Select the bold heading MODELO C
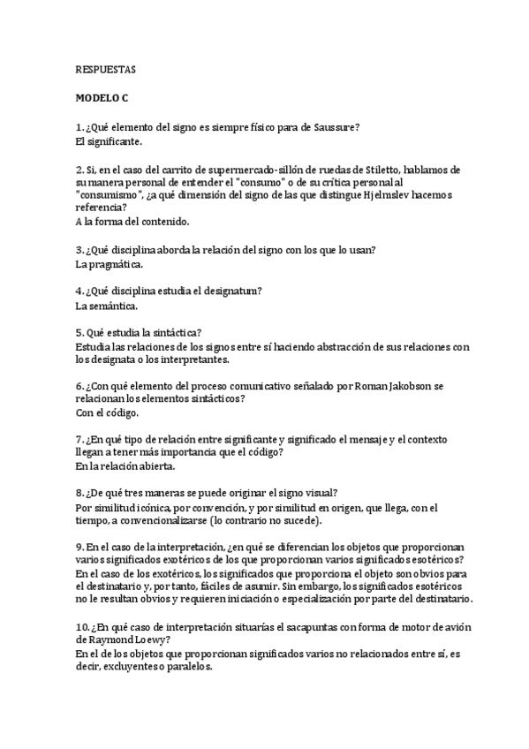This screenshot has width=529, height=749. pyautogui.click(x=102, y=99)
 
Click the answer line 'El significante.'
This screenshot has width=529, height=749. pyautogui.click(x=110, y=141)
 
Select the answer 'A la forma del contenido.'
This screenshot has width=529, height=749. pyautogui.click(x=132, y=221)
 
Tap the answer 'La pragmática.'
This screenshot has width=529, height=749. pyautogui.click(x=110, y=263)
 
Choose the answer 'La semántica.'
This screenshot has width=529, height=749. pyautogui.click(x=107, y=306)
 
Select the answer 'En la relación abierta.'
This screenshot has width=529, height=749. pyautogui.click(x=125, y=466)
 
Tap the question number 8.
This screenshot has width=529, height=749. pyautogui.click(x=79, y=495)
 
